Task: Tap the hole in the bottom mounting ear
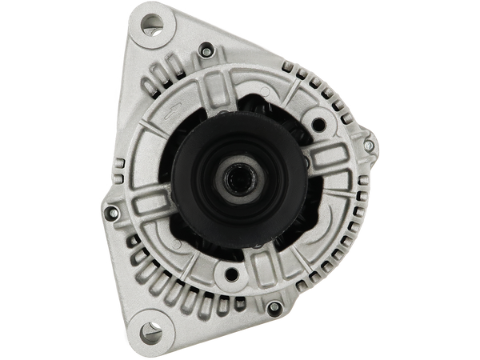147,328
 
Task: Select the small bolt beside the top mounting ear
206,53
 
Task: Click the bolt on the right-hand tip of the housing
367,146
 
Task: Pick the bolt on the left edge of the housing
113,214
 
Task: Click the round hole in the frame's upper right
319,125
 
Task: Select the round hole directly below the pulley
232,275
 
